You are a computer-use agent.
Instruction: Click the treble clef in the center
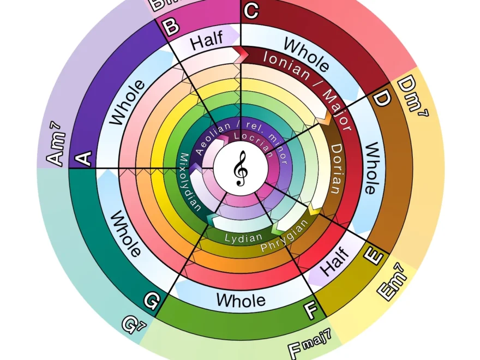(240, 169)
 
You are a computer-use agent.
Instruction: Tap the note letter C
(251, 11)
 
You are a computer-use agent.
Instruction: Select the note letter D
(381, 99)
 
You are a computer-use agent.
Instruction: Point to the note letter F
(310, 311)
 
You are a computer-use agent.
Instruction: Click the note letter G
(152, 299)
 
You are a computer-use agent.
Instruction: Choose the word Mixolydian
(188, 182)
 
